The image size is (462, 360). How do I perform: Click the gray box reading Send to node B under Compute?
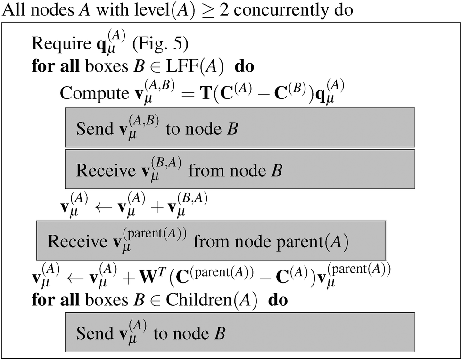tap(239, 128)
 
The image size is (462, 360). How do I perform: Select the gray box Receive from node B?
tap(239, 169)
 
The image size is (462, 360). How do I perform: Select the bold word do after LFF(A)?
tap(244, 66)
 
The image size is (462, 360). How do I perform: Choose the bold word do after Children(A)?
tap(278, 300)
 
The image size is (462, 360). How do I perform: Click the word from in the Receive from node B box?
tap(205, 170)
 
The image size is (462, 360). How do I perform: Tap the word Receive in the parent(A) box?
tap(78, 241)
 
